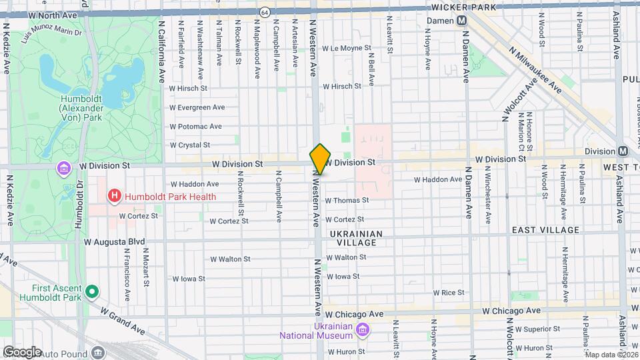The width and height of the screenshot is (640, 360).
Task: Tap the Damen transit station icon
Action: pyautogui.click(x=461, y=21)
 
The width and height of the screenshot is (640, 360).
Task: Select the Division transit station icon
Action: pyautogui.click(x=622, y=151)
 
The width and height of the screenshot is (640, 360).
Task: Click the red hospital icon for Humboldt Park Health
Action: pyautogui.click(x=115, y=196)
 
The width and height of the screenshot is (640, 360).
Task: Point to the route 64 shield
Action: pyautogui.click(x=265, y=12)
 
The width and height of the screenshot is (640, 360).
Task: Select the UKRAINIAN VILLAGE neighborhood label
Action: pyautogui.click(x=357, y=238)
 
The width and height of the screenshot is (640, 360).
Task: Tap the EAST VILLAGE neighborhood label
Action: pyautogui.click(x=545, y=230)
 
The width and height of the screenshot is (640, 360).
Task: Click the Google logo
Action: pyautogui.click(x=21, y=351)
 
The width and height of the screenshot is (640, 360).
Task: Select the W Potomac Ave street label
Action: pyautogui.click(x=195, y=126)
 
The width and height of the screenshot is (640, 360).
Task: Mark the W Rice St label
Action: pyautogui.click(x=448, y=292)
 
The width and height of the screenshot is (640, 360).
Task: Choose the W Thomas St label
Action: pyautogui.click(x=346, y=200)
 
